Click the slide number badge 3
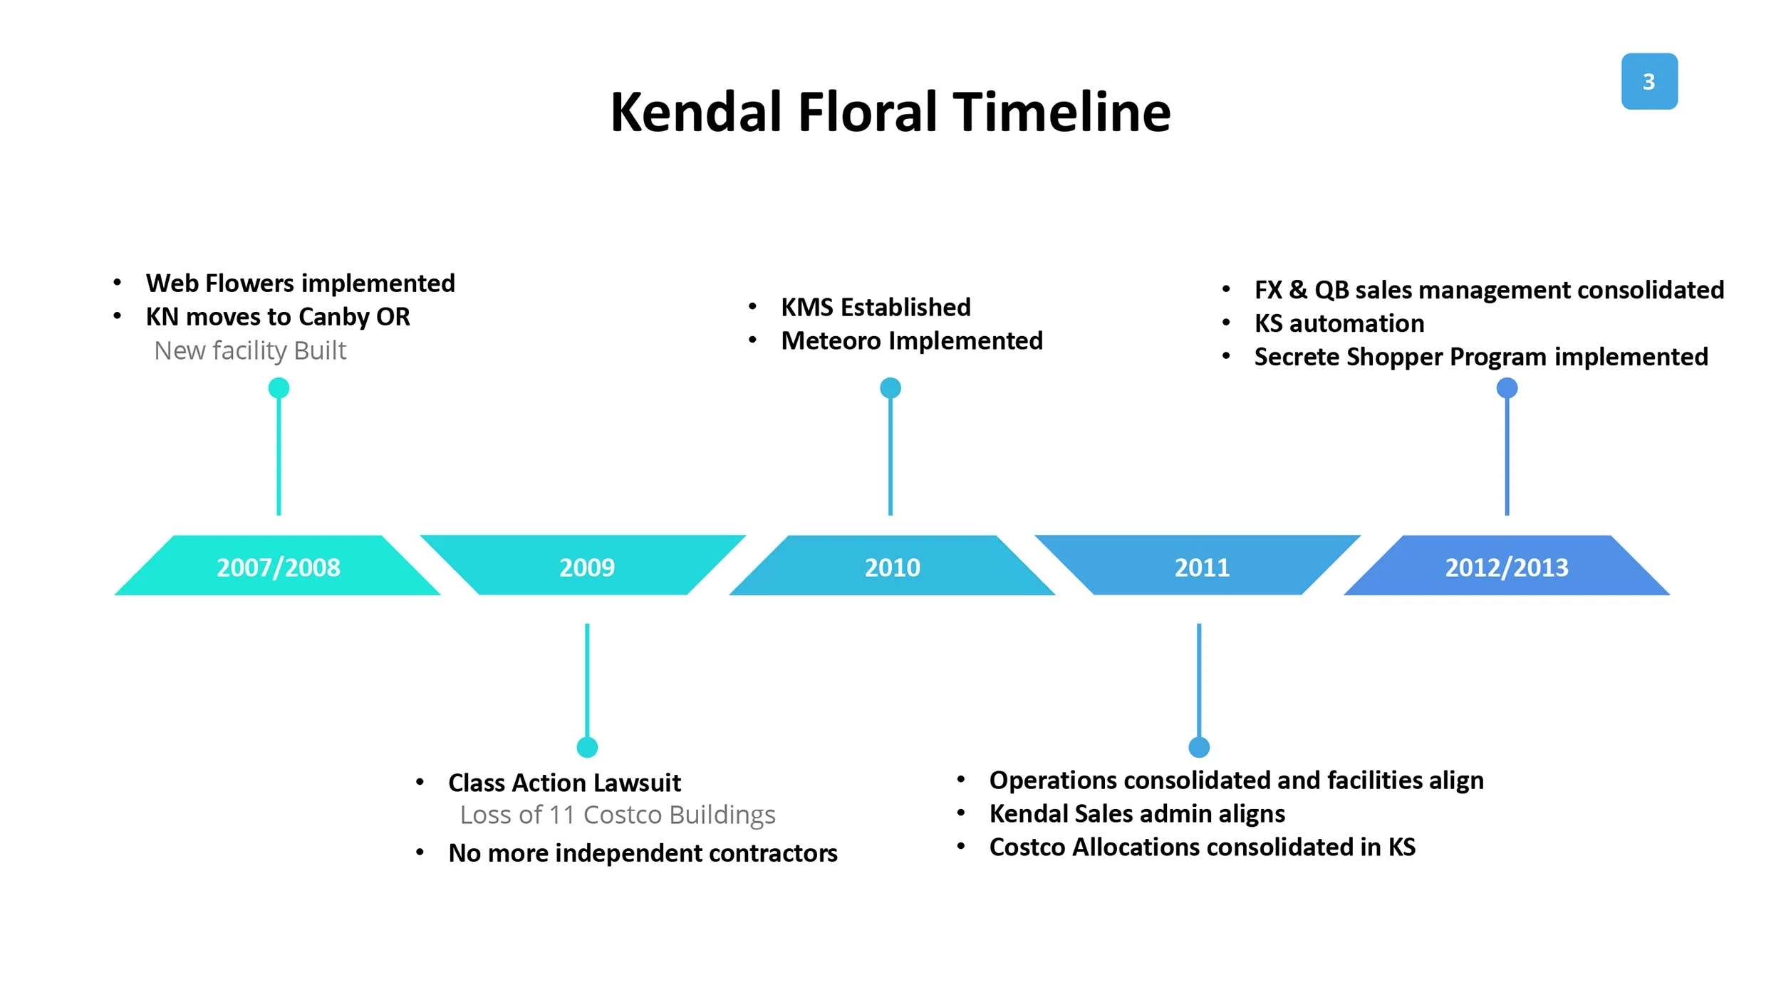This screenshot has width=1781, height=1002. click(1648, 81)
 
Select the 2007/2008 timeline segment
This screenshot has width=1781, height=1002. click(278, 567)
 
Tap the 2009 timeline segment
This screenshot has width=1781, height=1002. click(586, 567)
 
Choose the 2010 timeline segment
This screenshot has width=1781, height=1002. click(892, 567)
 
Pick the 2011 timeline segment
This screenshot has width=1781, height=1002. click(1201, 567)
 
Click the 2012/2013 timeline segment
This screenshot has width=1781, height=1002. click(1506, 567)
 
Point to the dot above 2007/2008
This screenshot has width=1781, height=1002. click(279, 388)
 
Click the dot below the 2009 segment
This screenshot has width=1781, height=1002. click(587, 747)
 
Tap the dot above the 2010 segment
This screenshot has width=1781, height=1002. click(890, 388)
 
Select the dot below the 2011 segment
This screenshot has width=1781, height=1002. click(1199, 747)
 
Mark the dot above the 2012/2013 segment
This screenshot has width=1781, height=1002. click(1507, 388)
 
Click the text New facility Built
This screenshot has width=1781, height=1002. click(250, 350)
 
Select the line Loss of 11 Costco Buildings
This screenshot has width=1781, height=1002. click(617, 814)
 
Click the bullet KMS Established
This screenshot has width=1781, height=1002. click(876, 307)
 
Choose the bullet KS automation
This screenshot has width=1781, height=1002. click(1339, 323)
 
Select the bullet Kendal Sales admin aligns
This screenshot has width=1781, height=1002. click(1137, 813)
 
